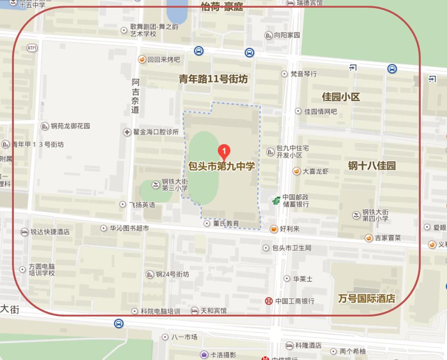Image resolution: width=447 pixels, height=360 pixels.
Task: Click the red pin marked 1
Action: (x=224, y=151)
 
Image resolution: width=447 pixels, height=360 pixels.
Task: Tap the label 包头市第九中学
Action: (x=222, y=166)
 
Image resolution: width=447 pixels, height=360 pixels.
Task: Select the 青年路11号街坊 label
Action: (x=213, y=79)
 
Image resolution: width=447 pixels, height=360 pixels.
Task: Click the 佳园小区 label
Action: (x=341, y=97)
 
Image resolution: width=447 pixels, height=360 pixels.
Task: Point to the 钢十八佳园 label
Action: (x=372, y=166)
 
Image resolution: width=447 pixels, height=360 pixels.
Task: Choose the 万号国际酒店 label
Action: (x=367, y=298)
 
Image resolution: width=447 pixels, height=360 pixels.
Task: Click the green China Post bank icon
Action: (x=276, y=201)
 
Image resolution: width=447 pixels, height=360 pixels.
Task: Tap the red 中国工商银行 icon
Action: (x=269, y=301)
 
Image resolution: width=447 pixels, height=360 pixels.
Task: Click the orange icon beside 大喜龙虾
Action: (x=297, y=171)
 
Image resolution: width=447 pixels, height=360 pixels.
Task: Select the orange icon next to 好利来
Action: (x=274, y=229)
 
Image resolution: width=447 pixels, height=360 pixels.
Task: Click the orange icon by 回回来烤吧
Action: (x=142, y=60)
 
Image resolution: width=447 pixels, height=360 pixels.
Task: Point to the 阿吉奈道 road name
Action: (x=136, y=96)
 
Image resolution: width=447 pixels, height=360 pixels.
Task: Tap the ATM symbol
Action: (x=32, y=48)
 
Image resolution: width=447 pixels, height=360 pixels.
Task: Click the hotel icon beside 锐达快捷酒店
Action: (x=24, y=232)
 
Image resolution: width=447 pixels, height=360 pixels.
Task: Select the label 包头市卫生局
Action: (x=291, y=248)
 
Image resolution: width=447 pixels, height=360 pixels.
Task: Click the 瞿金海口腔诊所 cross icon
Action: (x=127, y=132)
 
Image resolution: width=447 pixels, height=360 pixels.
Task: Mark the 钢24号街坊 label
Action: (x=172, y=274)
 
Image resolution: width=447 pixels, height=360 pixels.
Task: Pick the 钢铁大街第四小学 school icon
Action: (x=356, y=216)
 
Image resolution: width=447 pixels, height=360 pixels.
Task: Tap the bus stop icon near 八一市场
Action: (x=118, y=324)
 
